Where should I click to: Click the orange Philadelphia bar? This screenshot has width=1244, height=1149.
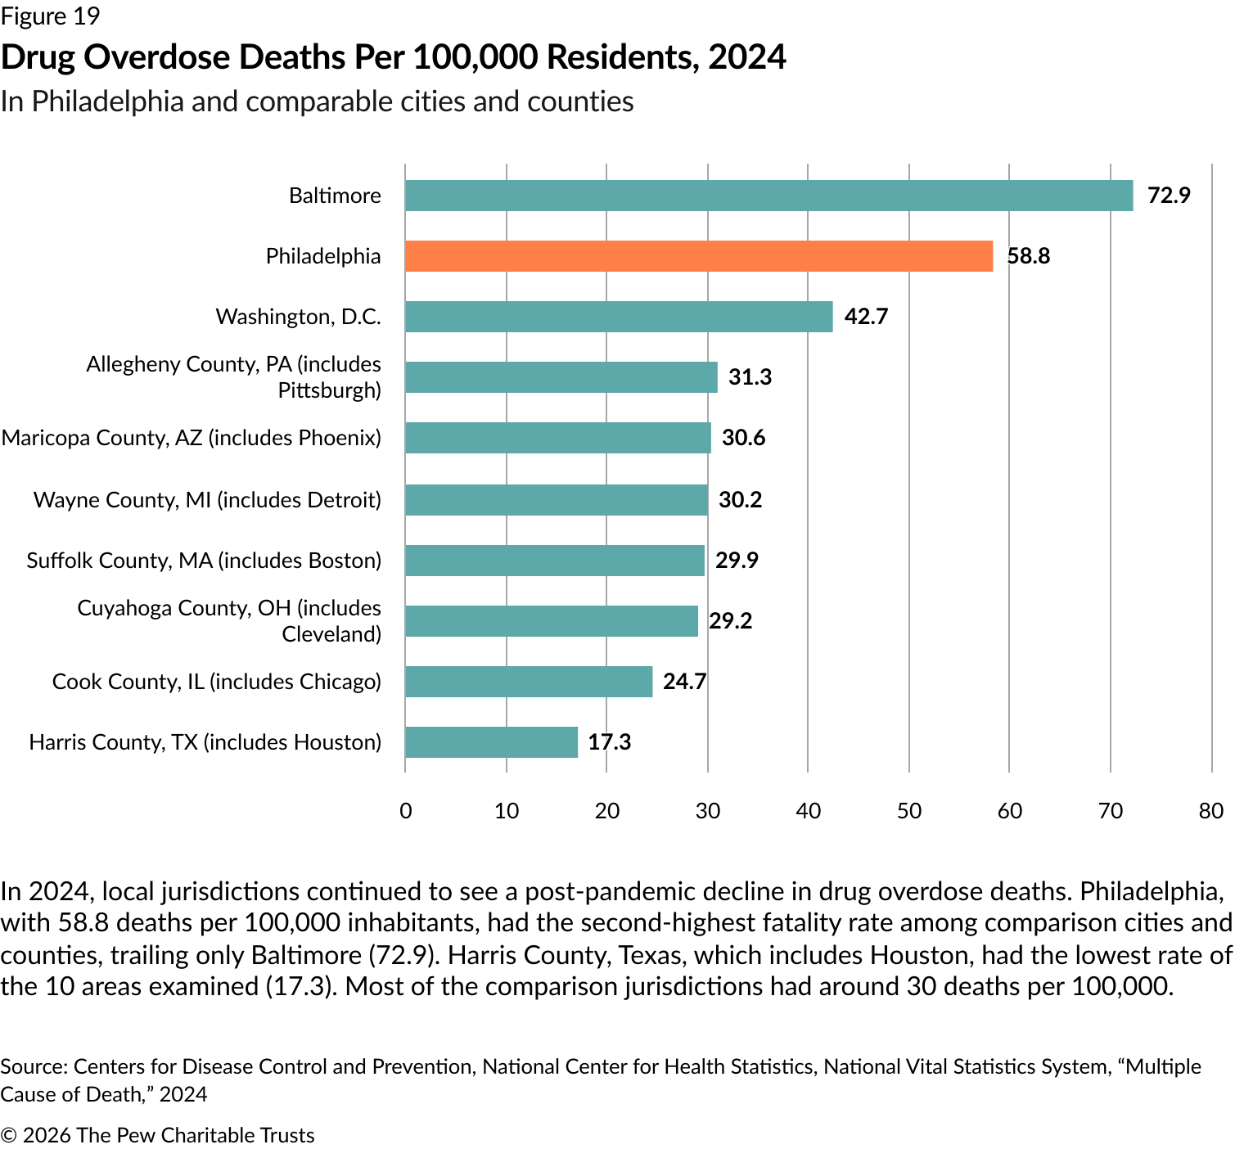pyautogui.click(x=699, y=256)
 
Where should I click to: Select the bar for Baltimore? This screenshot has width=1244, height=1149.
pyautogui.click(x=768, y=196)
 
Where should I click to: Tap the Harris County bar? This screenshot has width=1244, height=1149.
pyautogui.click(x=491, y=742)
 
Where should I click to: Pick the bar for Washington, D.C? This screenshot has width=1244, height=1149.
pyautogui.click(x=619, y=317)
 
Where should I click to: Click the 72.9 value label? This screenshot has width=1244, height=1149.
pyautogui.click(x=1169, y=196)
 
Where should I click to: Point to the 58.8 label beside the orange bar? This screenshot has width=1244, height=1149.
pyautogui.click(x=1029, y=256)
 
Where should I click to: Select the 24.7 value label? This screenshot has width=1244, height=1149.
pyautogui.click(x=684, y=682)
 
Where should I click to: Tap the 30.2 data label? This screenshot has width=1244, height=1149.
pyautogui.click(x=740, y=500)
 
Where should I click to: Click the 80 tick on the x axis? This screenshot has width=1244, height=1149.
pyautogui.click(x=1211, y=811)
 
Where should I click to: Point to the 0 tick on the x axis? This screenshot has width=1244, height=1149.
pyautogui.click(x=406, y=811)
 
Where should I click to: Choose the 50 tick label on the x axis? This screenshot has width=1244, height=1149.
pyautogui.click(x=909, y=811)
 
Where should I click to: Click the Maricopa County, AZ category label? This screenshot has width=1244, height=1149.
pyautogui.click(x=192, y=438)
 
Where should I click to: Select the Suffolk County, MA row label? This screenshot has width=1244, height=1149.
pyautogui.click(x=204, y=561)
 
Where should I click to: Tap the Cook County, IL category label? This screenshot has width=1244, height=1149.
pyautogui.click(x=217, y=682)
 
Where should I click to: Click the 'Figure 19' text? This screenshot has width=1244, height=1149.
pyautogui.click(x=50, y=16)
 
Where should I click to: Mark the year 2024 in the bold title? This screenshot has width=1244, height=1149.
pyautogui.click(x=747, y=57)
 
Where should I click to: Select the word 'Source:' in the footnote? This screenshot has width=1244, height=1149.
pyautogui.click(x=34, y=1066)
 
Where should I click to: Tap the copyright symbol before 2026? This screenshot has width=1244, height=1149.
pyautogui.click(x=9, y=1136)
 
